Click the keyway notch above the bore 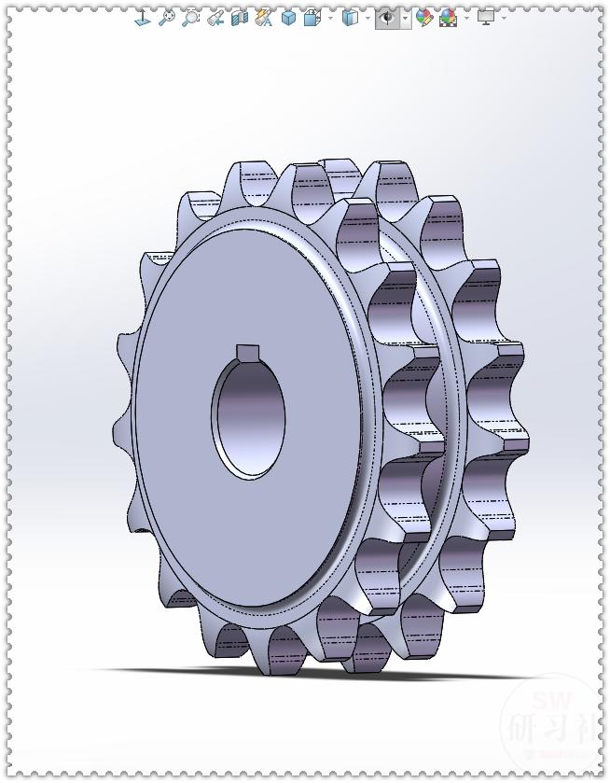click(x=248, y=352)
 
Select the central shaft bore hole click(x=249, y=418)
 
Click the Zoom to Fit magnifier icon click(x=167, y=17)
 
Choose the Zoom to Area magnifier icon click(x=191, y=17)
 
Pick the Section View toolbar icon click(x=240, y=17)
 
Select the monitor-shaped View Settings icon click(x=485, y=17)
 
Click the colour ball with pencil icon click(x=425, y=17)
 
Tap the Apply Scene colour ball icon click(x=448, y=17)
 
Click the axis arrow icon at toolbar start click(x=142, y=17)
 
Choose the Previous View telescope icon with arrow click(x=215, y=17)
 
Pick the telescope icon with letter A click(x=264, y=17)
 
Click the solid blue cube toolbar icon click(x=288, y=17)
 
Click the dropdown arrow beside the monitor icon click(x=504, y=17)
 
